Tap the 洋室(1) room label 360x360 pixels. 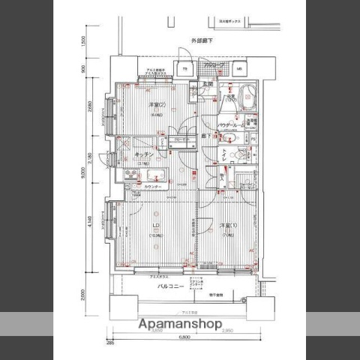point(229,226)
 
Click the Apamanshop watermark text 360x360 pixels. point(179,324)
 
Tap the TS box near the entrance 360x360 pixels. point(184,70)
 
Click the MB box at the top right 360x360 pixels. point(238,70)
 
